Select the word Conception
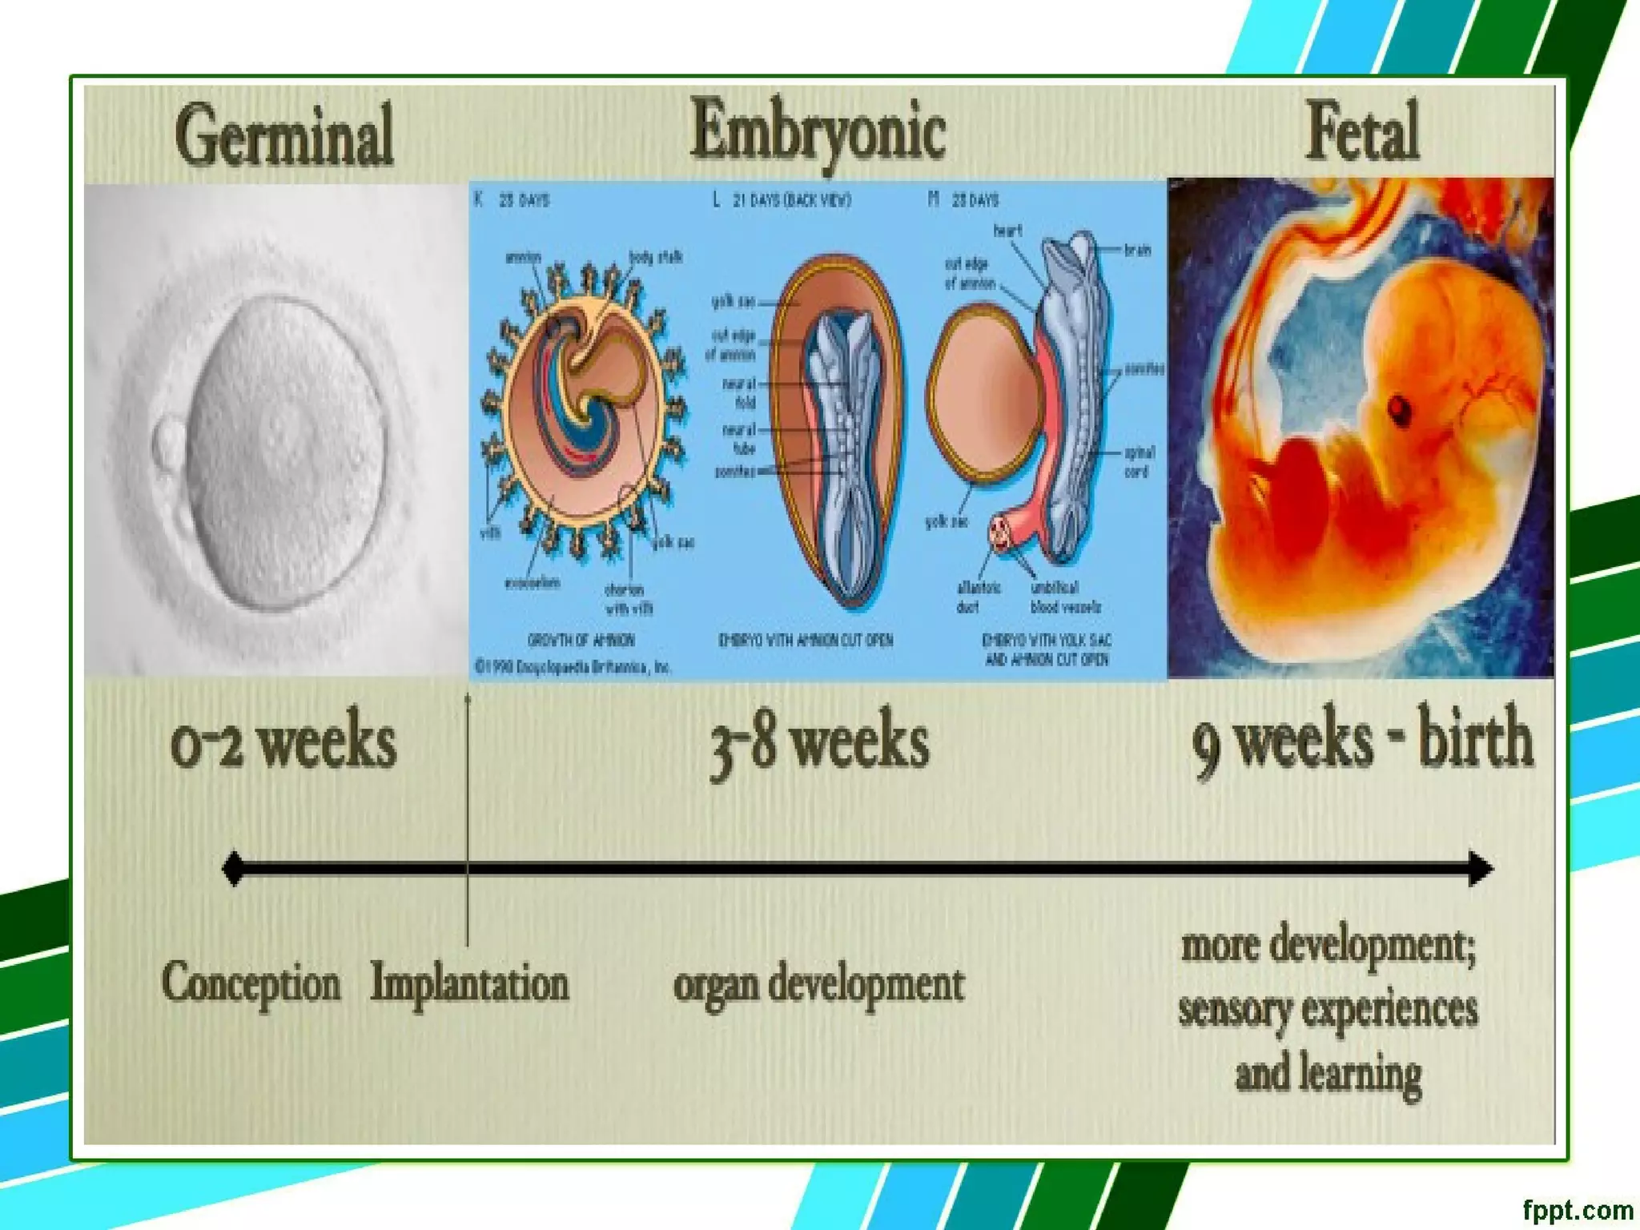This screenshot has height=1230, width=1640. [251, 983]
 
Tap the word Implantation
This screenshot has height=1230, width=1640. [470, 983]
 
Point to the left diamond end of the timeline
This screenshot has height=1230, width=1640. [233, 869]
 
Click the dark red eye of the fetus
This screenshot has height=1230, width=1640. [1399, 409]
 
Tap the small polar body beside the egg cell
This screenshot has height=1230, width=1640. [171, 440]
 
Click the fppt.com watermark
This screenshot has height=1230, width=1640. [1577, 1209]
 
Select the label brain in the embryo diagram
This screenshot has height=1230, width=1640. [1137, 251]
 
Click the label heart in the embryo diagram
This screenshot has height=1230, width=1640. [1007, 231]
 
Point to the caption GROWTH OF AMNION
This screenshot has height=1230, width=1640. [581, 640]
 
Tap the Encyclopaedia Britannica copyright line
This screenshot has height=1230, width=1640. [573, 667]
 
